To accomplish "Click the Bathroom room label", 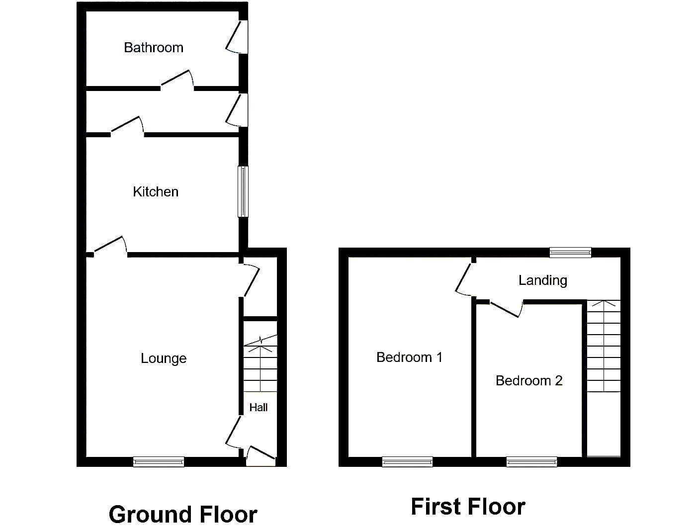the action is click(154, 48).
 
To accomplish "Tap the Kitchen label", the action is click(156, 192).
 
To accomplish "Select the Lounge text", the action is click(164, 358).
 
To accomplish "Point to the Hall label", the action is click(258, 407).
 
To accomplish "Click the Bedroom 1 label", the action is click(409, 357).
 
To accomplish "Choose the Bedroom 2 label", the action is click(529, 381).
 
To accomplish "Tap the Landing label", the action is click(543, 280).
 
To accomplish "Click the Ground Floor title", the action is click(183, 515).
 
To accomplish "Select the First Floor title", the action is click(468, 507).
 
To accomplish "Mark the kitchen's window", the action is click(243, 191).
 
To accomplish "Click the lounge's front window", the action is click(159, 462).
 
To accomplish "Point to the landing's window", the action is click(571, 253).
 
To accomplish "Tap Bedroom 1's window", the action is click(407, 462).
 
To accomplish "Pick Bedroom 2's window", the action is click(531, 462).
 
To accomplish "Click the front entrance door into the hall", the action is click(261, 456).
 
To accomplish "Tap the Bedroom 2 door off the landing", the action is click(506, 308).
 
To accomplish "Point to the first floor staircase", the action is click(604, 346).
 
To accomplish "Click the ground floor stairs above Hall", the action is click(260, 363).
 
